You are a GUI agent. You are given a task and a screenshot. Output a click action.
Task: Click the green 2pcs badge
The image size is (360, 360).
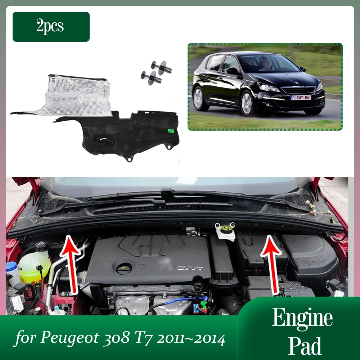click(x=51, y=27)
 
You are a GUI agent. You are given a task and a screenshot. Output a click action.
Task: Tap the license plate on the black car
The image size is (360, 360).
click(x=301, y=98)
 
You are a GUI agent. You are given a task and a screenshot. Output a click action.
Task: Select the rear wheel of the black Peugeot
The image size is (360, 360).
click(x=198, y=98)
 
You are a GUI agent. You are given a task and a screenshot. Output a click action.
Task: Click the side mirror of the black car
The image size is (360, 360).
click(x=232, y=71)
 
